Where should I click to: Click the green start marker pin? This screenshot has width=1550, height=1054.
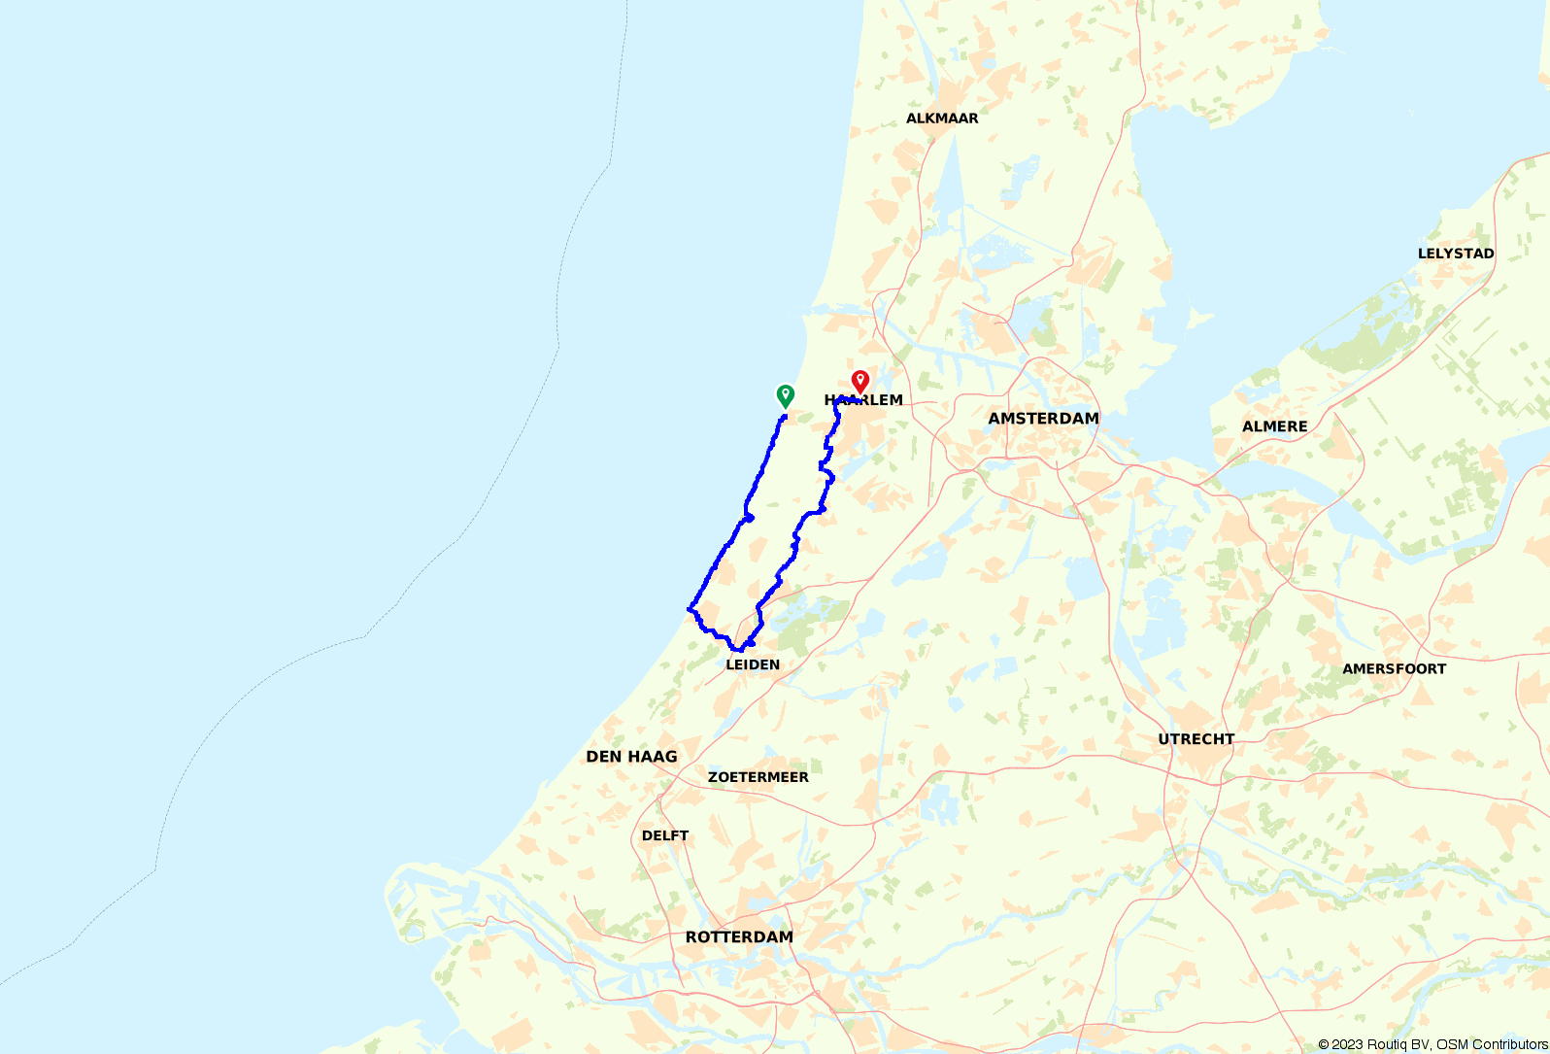point(785,395)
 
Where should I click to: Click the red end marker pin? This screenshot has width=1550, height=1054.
point(859,381)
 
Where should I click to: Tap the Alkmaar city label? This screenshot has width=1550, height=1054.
point(942,119)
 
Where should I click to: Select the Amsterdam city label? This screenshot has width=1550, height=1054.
point(1043,419)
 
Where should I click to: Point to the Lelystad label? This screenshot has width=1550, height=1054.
point(1456,254)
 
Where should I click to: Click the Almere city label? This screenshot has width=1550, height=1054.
point(1274,426)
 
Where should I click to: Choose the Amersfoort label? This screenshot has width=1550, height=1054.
point(1394,669)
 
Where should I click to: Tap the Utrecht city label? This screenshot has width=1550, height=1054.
point(1196,739)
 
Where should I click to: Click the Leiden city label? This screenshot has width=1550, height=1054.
point(753,665)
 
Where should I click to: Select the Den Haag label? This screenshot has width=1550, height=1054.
point(631,757)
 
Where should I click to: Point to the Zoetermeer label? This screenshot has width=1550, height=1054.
point(758,777)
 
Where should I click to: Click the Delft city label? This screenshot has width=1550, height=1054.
point(665,835)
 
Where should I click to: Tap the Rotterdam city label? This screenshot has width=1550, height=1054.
point(739,937)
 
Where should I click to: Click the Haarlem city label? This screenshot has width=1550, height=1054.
point(863,400)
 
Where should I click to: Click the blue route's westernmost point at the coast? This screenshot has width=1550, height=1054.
point(689,609)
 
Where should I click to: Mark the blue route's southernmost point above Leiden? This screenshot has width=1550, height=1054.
point(740,649)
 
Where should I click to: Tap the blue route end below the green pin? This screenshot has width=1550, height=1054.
point(784,417)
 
